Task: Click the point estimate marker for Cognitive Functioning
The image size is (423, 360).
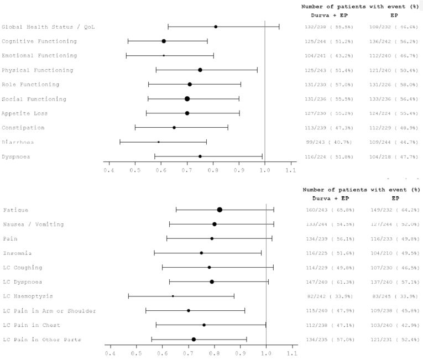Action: [x=164, y=41]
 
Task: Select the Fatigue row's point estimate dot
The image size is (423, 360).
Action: [x=220, y=210]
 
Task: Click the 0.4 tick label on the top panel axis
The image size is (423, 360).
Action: [x=109, y=170]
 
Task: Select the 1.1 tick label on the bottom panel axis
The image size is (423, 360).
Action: [x=291, y=352]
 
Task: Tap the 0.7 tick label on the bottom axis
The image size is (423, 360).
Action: [x=188, y=352]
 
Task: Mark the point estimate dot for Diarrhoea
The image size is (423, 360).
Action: [x=159, y=142]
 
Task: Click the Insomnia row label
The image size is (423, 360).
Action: [x=17, y=253]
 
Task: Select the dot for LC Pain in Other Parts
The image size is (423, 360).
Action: [x=194, y=339]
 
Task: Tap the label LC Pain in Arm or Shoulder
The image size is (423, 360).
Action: [x=49, y=310]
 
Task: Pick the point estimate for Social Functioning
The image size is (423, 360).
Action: [x=187, y=98]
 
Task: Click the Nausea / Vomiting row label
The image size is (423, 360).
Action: [x=33, y=224]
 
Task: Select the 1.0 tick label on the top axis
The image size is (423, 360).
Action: [x=265, y=170]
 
